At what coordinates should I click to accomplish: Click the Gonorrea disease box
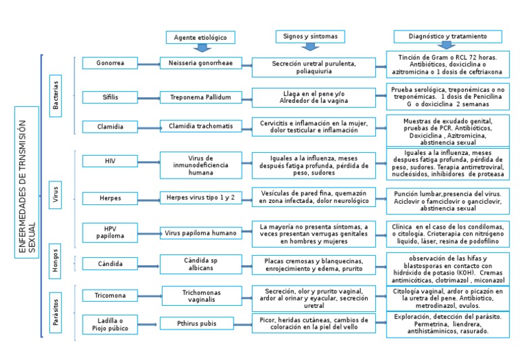point(110,63)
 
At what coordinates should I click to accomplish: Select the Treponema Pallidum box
point(200,97)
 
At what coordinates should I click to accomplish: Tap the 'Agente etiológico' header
point(200,37)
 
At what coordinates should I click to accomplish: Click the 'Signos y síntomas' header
point(311,35)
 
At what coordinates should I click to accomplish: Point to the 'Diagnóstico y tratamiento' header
point(448,35)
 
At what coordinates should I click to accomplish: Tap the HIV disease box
point(110,160)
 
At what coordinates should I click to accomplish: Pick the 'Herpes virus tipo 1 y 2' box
point(200,197)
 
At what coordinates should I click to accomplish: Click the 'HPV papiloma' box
point(110,232)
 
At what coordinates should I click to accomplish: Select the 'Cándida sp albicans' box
point(200,264)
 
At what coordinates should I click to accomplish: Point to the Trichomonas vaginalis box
point(200,296)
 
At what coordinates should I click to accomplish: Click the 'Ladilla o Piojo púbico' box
point(110,324)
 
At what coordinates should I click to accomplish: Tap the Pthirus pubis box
point(200,323)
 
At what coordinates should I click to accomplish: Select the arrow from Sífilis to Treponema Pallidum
point(148,97)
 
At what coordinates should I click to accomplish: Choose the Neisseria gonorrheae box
point(200,63)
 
